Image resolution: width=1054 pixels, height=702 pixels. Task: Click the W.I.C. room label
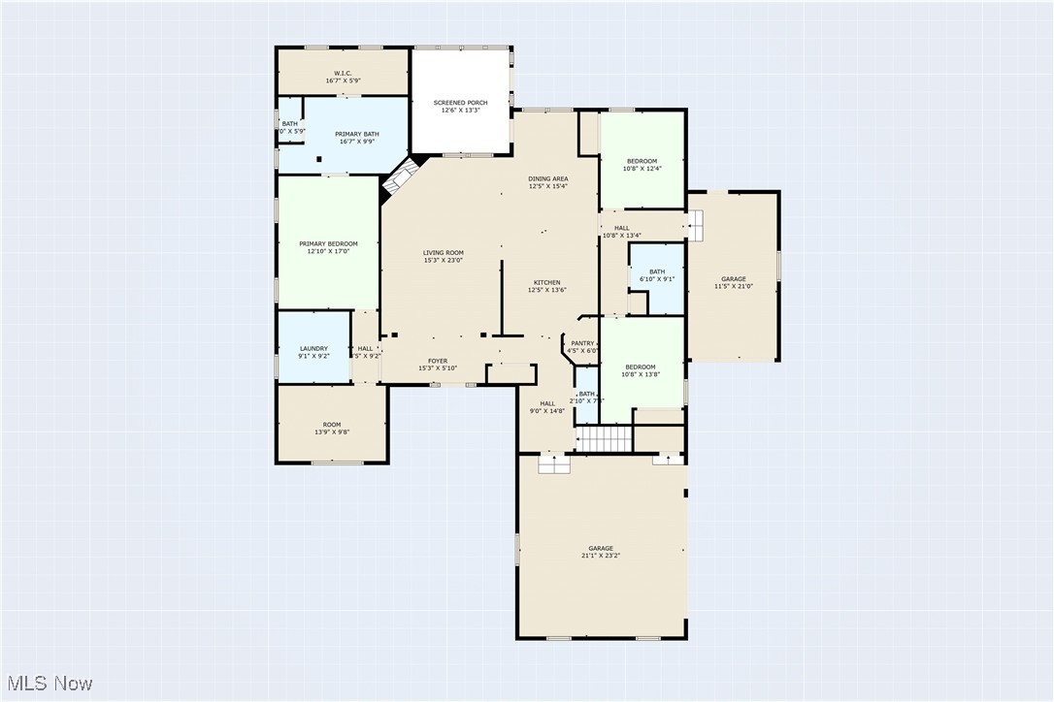343,77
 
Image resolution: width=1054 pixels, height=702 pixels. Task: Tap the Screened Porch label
460,106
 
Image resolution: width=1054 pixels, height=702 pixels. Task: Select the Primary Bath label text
356,138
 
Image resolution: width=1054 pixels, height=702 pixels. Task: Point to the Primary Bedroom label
328,247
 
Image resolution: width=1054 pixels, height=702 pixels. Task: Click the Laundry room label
313,352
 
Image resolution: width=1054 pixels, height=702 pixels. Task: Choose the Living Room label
443,256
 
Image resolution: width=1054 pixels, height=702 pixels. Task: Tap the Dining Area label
548,182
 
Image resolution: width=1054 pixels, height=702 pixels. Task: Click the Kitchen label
546,286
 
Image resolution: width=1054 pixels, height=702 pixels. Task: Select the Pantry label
582,346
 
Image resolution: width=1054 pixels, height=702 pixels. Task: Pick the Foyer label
438,364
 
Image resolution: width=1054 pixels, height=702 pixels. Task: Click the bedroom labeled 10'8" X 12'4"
642,165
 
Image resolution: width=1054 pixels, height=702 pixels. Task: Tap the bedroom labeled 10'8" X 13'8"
641,370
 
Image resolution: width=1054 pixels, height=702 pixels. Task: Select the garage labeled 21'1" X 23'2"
600,552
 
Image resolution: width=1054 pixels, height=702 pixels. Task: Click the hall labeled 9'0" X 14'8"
547,407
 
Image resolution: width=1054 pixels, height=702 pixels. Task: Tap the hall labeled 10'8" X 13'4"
622,231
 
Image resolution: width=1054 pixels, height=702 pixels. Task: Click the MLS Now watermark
48,684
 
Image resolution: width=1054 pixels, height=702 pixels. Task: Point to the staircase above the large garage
605,440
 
